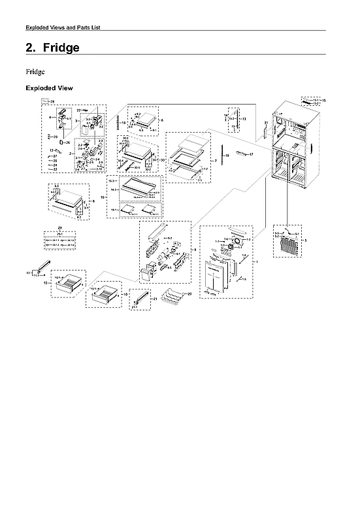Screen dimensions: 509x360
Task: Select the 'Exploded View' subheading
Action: [49, 88]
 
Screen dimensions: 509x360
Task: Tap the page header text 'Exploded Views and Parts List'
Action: [62, 27]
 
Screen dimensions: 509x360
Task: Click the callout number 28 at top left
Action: [53, 102]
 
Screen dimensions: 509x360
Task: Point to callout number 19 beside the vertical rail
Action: [123, 123]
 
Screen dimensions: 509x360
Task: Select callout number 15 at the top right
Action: [323, 101]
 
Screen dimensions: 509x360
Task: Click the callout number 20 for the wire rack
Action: [189, 294]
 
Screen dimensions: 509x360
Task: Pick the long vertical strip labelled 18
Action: [221, 157]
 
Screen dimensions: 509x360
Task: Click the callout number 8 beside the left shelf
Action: [93, 202]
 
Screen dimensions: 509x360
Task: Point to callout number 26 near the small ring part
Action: [68, 142]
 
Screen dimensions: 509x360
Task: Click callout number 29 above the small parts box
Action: [59, 227]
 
